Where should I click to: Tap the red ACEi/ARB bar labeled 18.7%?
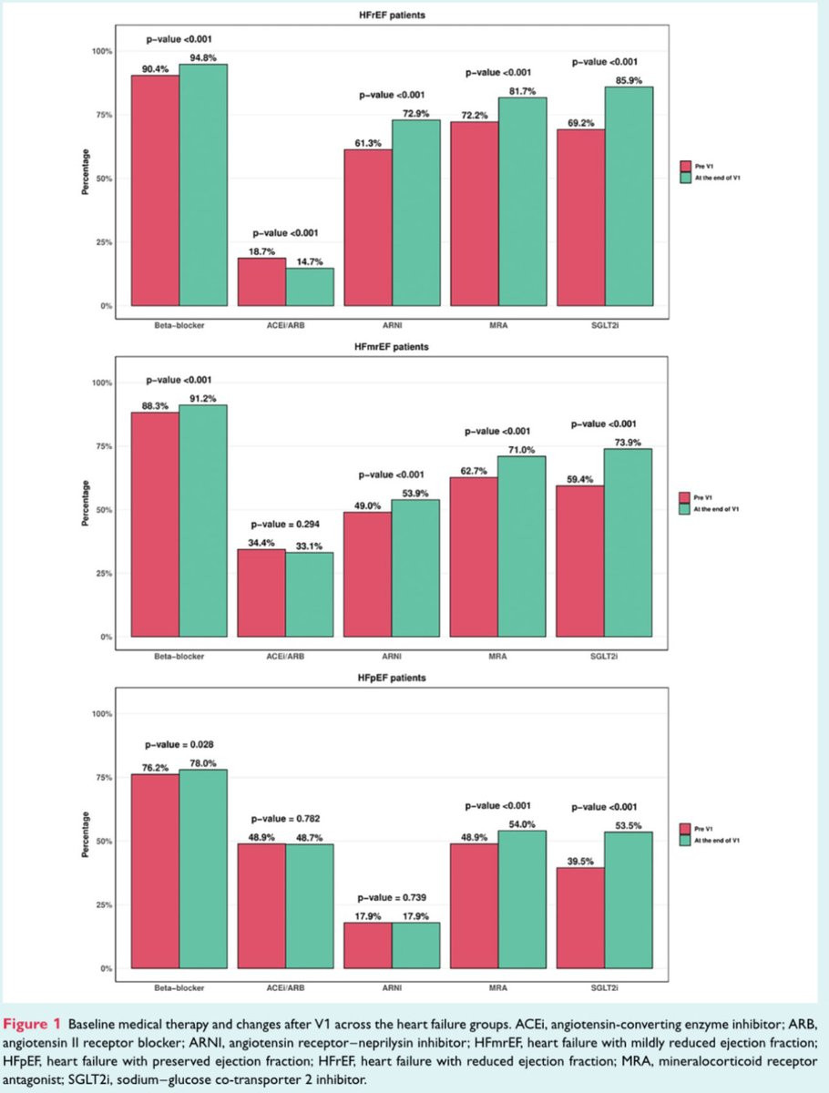point(261,281)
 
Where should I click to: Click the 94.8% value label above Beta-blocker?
point(202,56)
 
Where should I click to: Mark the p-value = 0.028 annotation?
point(179,744)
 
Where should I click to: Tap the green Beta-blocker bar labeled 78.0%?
point(202,869)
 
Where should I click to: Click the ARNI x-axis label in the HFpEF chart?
point(392,986)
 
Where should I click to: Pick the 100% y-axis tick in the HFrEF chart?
point(100,51)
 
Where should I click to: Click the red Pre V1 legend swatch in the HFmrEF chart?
point(686,497)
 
